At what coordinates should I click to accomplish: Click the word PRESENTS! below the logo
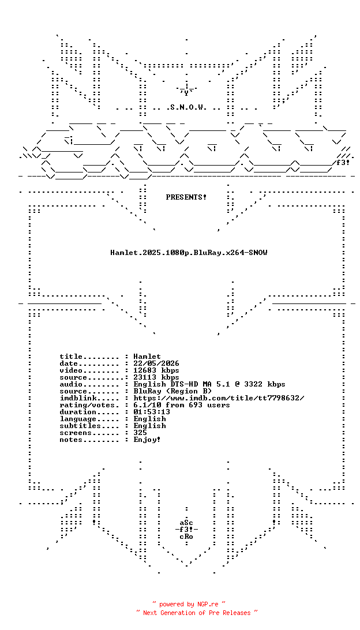point(186,197)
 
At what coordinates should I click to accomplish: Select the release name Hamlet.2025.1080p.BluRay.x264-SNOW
point(189,253)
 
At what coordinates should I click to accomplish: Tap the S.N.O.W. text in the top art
point(186,107)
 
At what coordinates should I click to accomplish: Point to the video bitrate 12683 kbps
point(157,370)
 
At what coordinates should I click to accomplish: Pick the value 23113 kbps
point(157,377)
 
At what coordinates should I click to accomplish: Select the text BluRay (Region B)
point(172,391)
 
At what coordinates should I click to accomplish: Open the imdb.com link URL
point(219,397)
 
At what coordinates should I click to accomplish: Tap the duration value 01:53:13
point(152,412)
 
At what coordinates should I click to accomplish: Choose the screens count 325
point(140,433)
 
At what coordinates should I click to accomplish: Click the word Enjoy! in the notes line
point(147,440)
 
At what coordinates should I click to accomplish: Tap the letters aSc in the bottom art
point(186,523)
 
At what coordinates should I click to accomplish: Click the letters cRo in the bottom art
point(186,537)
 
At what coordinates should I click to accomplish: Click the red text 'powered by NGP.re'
point(189,604)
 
